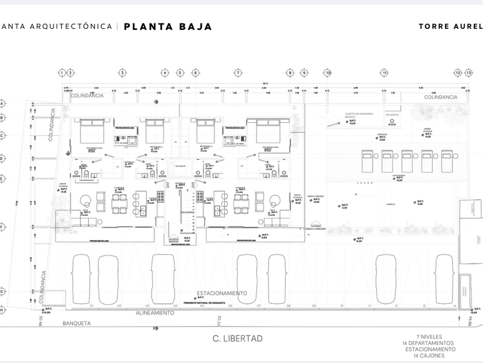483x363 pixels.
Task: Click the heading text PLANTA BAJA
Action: point(168,27)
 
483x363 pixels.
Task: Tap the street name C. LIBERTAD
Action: point(237,338)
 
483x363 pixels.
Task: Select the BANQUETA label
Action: point(76,323)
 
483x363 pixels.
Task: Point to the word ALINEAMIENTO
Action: point(155,313)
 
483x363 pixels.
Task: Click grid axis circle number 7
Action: point(237,73)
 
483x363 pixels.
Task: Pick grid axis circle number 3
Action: point(122,73)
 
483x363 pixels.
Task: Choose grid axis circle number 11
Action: point(384,73)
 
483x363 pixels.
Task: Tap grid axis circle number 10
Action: point(327,73)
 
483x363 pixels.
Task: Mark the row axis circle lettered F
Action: point(2,227)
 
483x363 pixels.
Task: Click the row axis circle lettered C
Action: point(2,136)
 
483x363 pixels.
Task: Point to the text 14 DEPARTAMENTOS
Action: point(428,343)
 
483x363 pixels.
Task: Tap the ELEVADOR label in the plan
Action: point(181,166)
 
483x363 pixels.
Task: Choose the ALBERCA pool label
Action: point(390,203)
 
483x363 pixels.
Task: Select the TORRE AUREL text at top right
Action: point(450,27)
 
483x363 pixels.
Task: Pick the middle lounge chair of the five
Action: point(407,161)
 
